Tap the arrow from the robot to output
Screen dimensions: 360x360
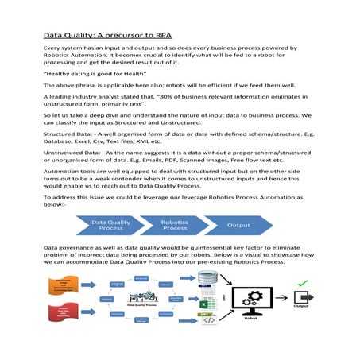point(287,300)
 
